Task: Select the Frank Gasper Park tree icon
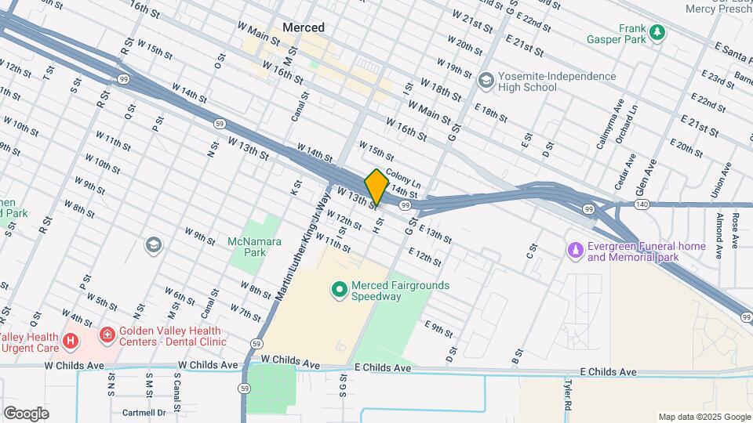coord(657,33)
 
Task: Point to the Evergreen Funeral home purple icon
coord(576,250)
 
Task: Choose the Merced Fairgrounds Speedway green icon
coord(340,291)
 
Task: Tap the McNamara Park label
coord(254,247)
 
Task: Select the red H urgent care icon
coord(71,341)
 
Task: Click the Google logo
coord(26,413)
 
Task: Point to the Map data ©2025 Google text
coord(703,417)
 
